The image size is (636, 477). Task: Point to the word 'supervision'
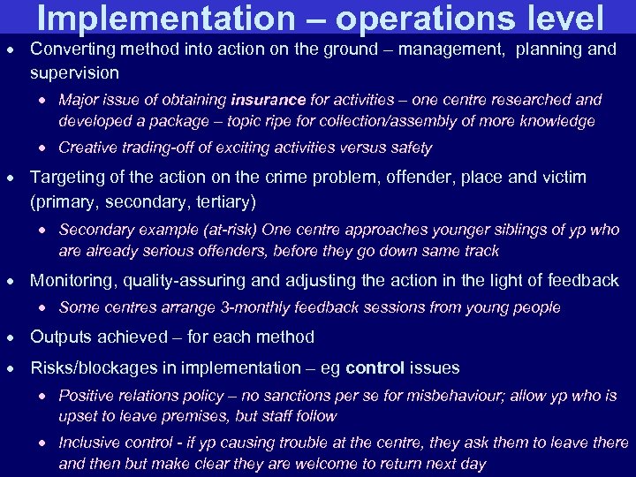(74, 72)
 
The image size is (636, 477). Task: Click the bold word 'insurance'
(269, 100)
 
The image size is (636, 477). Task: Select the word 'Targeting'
(67, 178)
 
